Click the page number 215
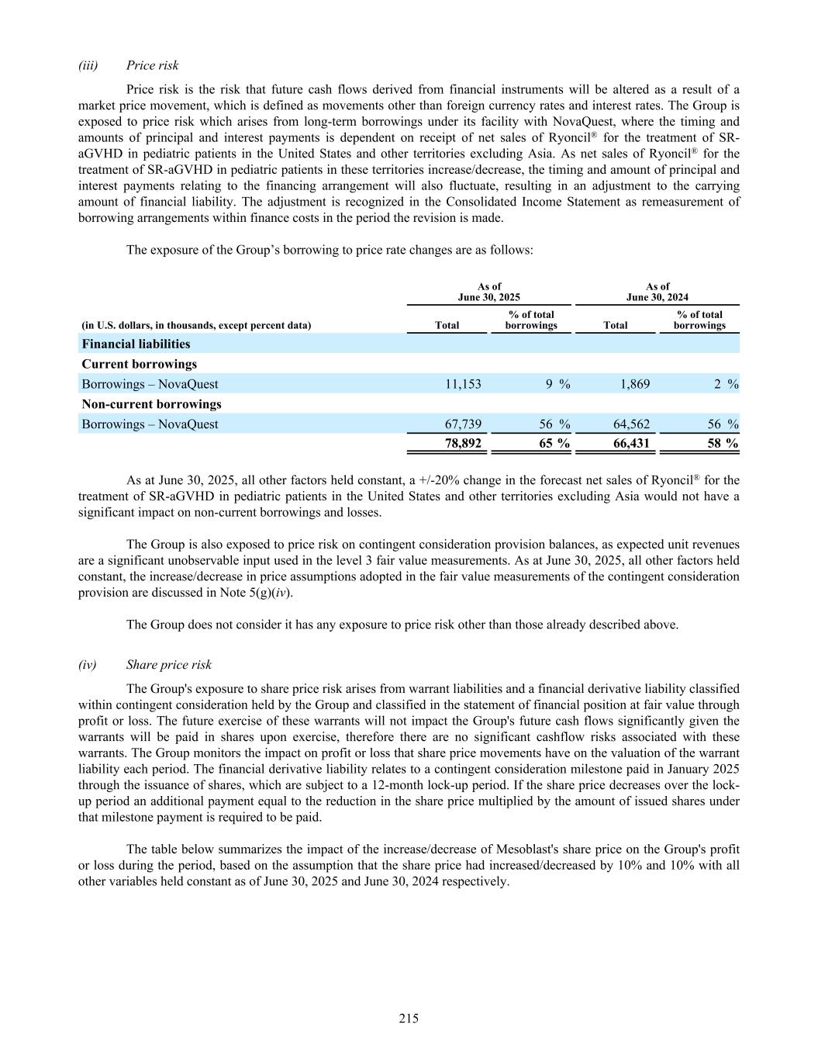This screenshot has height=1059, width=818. click(409, 1019)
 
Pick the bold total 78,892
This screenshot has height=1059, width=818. click(463, 444)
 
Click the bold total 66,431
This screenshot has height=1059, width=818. click(631, 444)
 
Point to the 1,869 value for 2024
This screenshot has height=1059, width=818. click(635, 384)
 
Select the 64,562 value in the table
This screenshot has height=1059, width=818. click(631, 424)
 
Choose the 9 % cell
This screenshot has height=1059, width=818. click(557, 384)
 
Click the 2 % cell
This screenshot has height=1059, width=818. click(726, 384)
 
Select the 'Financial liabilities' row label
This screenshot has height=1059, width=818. click(136, 344)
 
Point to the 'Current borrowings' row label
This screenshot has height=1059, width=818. click(139, 364)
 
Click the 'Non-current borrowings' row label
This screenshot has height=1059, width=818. click(151, 404)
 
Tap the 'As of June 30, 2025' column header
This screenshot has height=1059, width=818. click(489, 292)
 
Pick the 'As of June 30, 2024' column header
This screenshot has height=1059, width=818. click(658, 292)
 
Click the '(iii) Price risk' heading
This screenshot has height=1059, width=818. click(129, 65)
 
